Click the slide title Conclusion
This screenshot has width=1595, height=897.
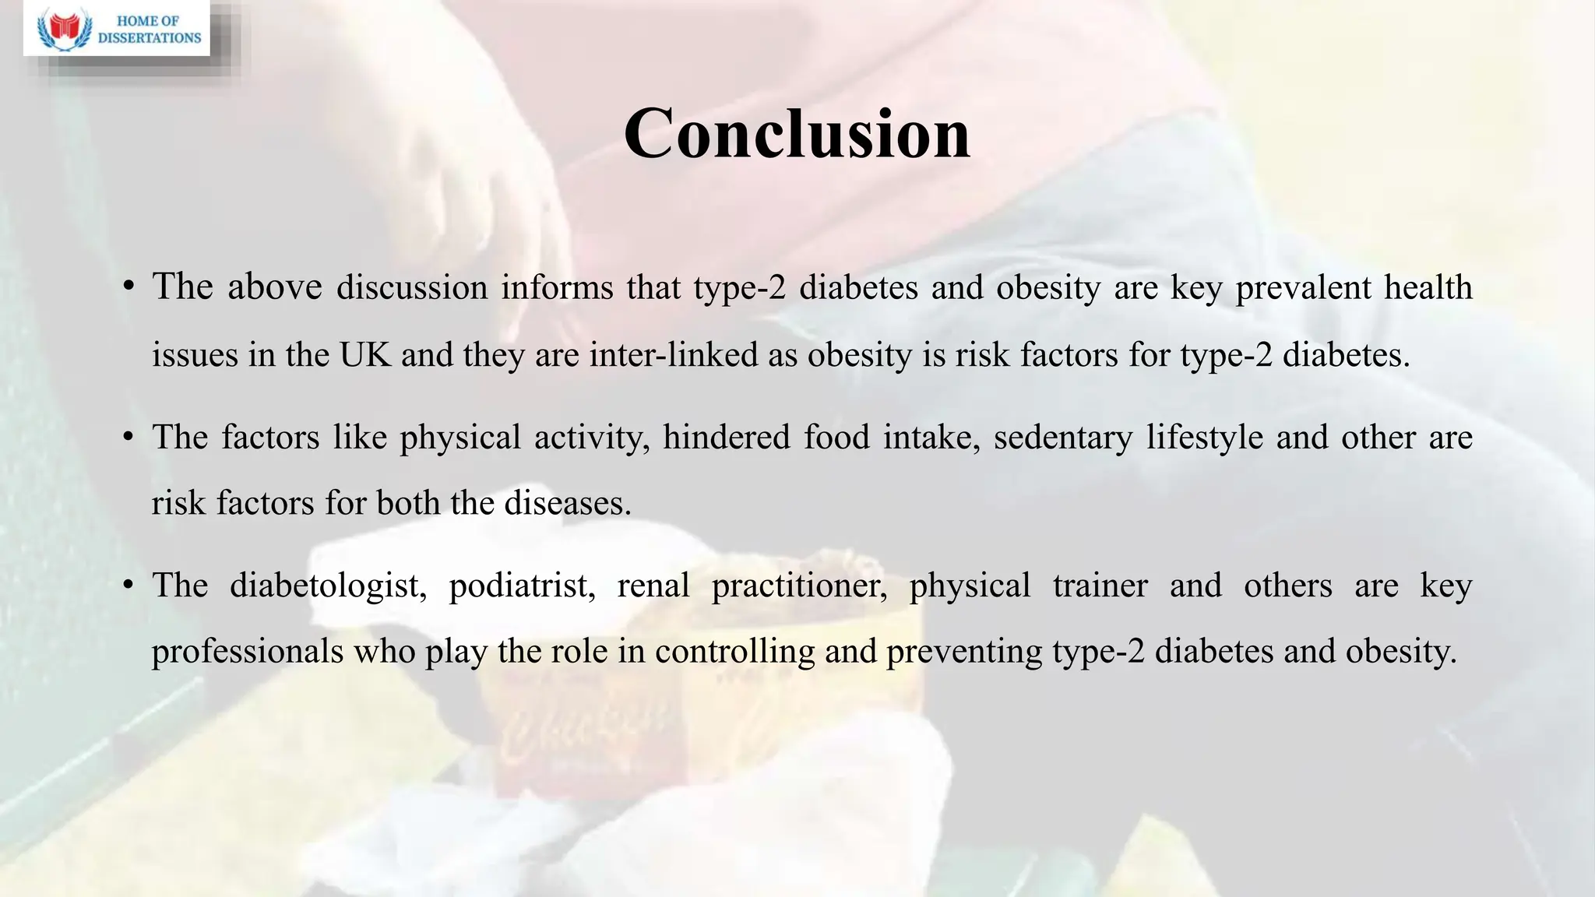[x=797, y=134]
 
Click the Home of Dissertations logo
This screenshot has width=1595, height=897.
[x=117, y=29]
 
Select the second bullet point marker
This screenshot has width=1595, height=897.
[x=129, y=436]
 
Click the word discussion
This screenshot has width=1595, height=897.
[x=411, y=287]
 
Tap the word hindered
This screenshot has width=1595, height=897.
[x=726, y=437]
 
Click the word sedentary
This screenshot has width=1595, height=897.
[x=1062, y=437]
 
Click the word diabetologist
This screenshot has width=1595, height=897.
[x=328, y=586]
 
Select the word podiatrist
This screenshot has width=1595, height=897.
[x=522, y=586]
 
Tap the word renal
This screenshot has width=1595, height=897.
[x=653, y=586]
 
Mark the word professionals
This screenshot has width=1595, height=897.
[x=247, y=652]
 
